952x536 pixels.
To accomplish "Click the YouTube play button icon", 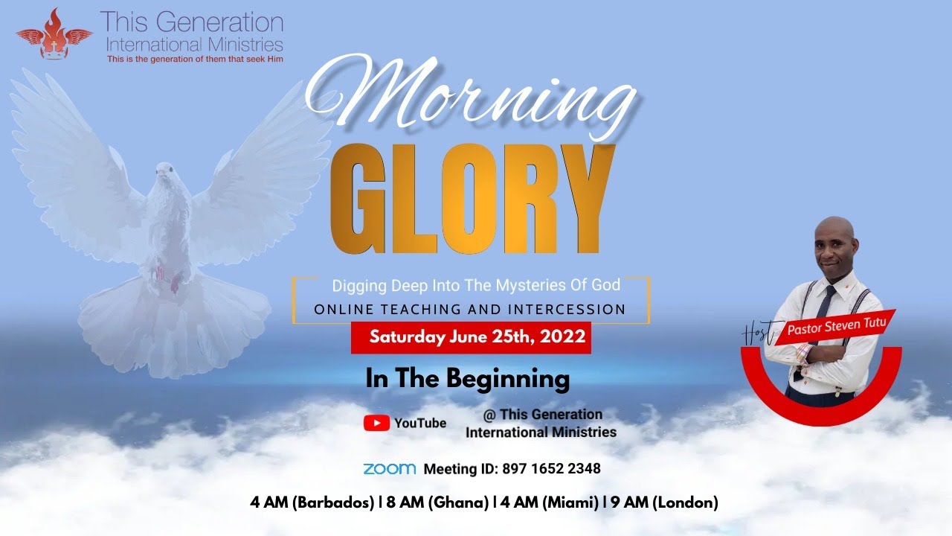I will [x=376, y=423].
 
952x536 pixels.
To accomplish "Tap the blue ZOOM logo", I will [x=389, y=469].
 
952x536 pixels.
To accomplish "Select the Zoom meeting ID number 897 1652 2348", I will [x=551, y=469].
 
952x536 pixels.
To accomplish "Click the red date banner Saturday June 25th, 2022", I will [x=471, y=336].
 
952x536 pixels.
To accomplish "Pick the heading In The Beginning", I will [x=467, y=379].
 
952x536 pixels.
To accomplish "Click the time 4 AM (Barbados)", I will [x=312, y=502].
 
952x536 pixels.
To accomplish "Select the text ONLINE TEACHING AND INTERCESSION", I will [x=470, y=309].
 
